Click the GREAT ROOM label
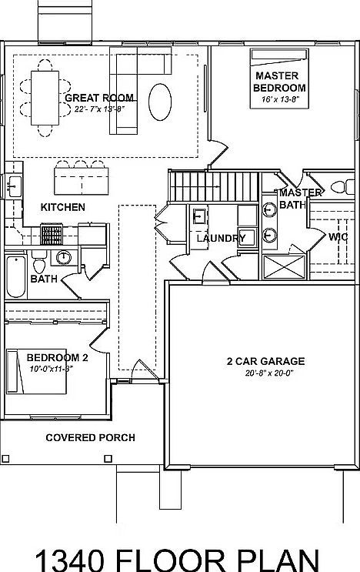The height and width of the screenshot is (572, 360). (x=99, y=98)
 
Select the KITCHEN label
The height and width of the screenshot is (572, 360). (x=63, y=207)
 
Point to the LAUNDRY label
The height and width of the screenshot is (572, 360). (x=221, y=238)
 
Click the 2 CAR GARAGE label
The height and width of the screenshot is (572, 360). (x=265, y=360)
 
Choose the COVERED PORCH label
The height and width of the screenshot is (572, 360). (x=90, y=437)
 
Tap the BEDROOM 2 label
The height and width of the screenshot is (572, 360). (x=58, y=357)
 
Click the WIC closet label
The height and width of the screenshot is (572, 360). (x=338, y=237)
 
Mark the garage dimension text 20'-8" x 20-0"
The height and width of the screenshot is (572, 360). (x=265, y=373)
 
